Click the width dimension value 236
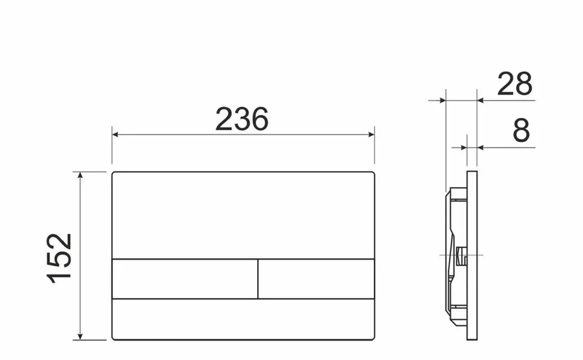[x=242, y=119]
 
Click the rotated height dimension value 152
[x=60, y=257]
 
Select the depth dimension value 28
[x=515, y=84]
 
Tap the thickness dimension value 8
[x=521, y=131]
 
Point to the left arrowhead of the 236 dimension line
[x=115, y=135]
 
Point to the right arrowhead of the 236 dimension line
[x=371, y=135]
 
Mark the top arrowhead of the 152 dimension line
[x=80, y=175]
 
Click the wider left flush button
[x=185, y=279]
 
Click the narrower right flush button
[x=316, y=279]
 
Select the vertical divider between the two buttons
[x=258, y=279]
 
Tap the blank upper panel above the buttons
[x=243, y=215]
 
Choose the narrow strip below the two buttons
[x=243, y=319]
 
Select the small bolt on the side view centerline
[x=461, y=256]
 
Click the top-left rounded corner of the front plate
[x=114, y=174]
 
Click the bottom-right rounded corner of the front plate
[x=372, y=337]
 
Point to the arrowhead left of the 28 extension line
[x=442, y=100]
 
